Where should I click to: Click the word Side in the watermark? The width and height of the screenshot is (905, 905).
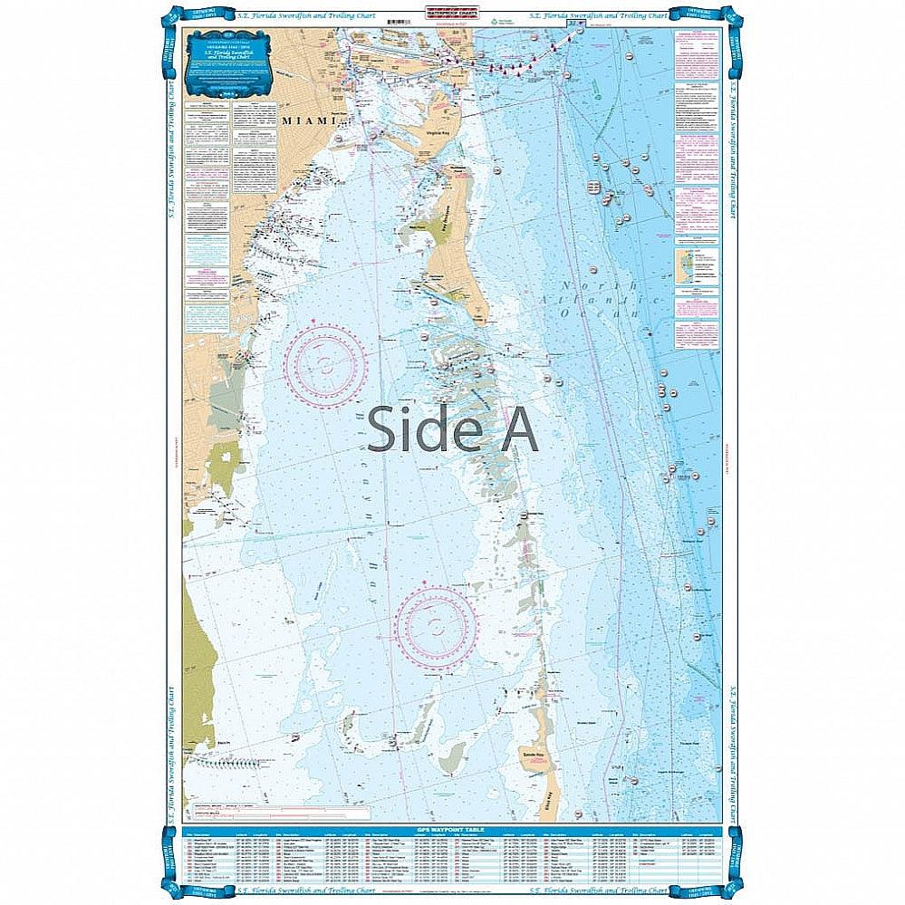(x=418, y=428)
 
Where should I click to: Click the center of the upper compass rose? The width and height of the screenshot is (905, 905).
(x=323, y=364)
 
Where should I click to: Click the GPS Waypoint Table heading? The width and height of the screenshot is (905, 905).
(x=452, y=828)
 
